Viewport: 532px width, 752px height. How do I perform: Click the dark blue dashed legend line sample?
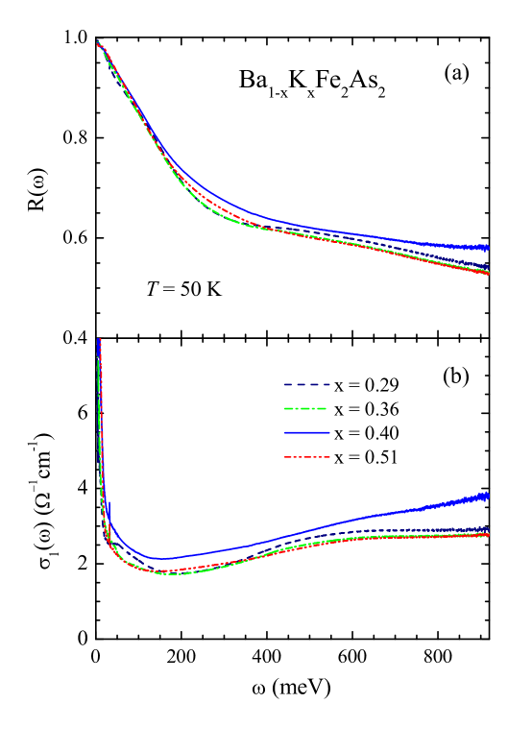coord(306,385)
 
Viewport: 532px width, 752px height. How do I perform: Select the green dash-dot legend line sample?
coord(306,409)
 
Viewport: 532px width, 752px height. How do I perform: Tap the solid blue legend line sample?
coord(306,433)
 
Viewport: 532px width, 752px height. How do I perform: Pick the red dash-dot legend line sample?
coord(306,457)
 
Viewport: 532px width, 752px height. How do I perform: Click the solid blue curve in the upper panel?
coord(288,223)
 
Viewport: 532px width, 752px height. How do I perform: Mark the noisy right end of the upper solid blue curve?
coord(485,248)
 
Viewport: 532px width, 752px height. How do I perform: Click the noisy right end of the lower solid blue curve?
coord(485,497)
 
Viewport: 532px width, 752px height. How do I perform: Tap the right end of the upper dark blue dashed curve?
coord(488,266)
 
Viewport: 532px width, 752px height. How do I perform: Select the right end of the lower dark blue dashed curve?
coord(488,529)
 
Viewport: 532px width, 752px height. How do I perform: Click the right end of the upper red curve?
coord(488,274)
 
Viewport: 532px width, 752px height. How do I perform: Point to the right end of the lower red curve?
coord(488,535)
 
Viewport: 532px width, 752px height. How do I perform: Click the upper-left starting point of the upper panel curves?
coord(99,43)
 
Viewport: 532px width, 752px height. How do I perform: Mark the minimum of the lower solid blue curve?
coord(159,558)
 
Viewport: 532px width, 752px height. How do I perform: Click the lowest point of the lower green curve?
coord(170,573)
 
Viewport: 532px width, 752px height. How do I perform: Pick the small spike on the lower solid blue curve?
coord(109,504)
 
